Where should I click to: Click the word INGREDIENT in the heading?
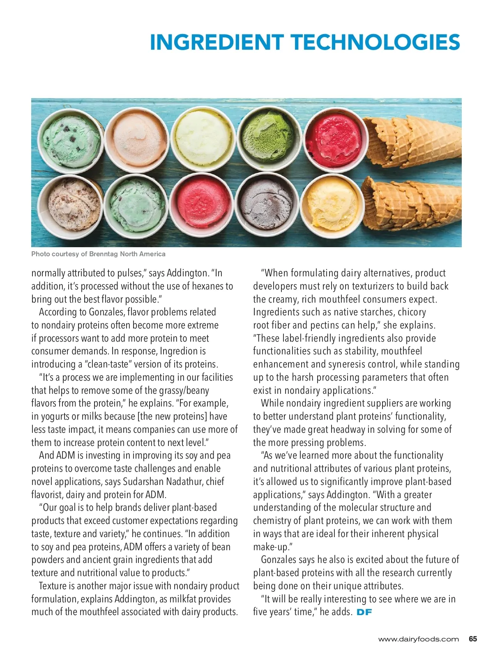(x=217, y=42)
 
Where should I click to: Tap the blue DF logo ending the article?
(x=364, y=612)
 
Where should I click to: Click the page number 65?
(x=473, y=639)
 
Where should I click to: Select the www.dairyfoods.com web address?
(x=418, y=639)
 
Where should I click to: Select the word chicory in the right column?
(x=412, y=312)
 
